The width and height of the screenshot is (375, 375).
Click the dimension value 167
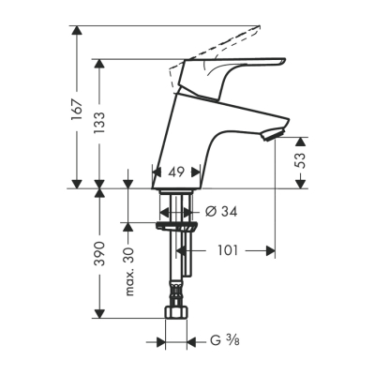77,110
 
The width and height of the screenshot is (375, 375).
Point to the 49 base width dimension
173,173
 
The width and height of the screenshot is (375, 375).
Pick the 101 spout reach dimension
230,250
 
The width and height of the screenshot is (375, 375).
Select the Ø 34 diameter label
220,212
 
